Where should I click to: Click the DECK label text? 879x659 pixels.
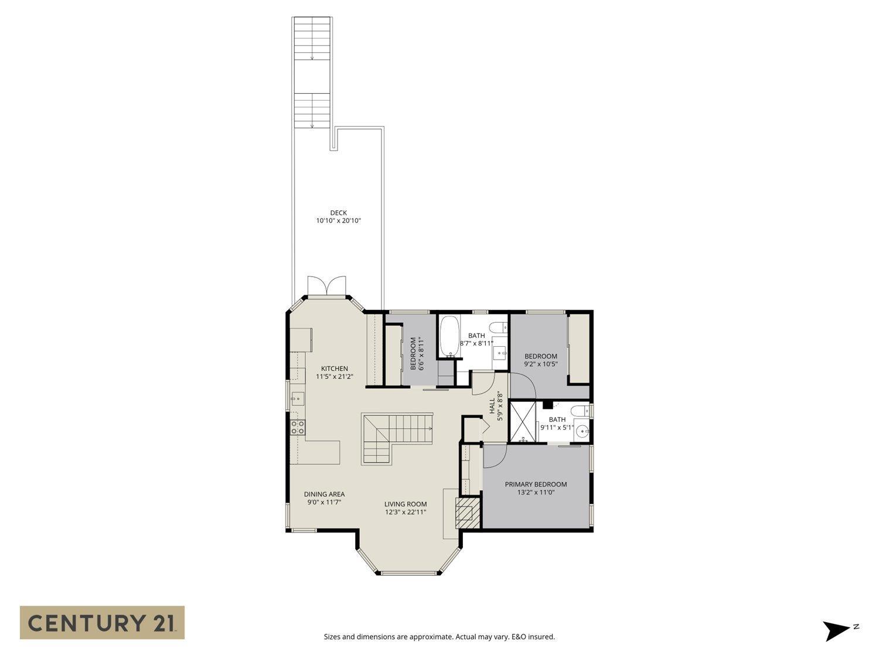tap(338, 213)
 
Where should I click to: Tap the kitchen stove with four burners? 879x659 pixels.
tap(298, 428)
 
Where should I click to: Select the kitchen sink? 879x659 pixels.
tap(297, 399)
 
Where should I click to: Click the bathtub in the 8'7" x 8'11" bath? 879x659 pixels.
tap(451, 337)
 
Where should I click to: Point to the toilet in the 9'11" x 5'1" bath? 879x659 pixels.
tap(578, 411)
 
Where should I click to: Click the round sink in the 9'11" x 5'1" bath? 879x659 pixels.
tap(582, 432)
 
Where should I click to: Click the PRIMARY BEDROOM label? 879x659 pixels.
tap(536, 484)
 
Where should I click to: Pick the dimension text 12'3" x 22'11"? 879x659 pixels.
tap(405, 512)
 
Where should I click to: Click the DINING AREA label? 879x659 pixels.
tap(324, 494)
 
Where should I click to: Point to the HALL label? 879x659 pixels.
tap(492, 406)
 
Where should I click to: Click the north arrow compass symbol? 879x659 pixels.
tap(836, 631)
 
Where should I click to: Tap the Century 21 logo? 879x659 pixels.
tap(102, 622)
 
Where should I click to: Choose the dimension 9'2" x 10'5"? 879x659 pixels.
tap(540, 364)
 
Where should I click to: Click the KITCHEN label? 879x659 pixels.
tap(334, 368)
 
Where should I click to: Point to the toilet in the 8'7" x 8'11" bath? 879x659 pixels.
tap(499, 326)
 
